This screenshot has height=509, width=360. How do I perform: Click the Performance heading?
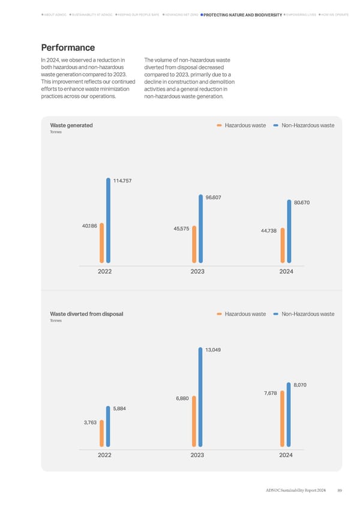[67, 47]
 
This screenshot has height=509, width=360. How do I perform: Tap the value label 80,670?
[301, 202]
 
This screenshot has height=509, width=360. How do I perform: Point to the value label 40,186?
[89, 226]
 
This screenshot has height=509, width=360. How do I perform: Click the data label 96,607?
[213, 197]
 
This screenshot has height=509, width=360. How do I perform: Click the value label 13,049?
[213, 350]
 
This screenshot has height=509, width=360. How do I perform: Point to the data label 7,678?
[269, 393]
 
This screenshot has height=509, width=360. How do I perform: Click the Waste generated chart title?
[71, 125]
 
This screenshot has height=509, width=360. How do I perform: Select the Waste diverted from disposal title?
[86, 314]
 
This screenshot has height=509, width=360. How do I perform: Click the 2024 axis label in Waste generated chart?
[286, 272]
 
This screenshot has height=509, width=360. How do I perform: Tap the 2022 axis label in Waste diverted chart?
[105, 455]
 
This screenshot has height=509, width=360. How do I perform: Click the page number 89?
[340, 492]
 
